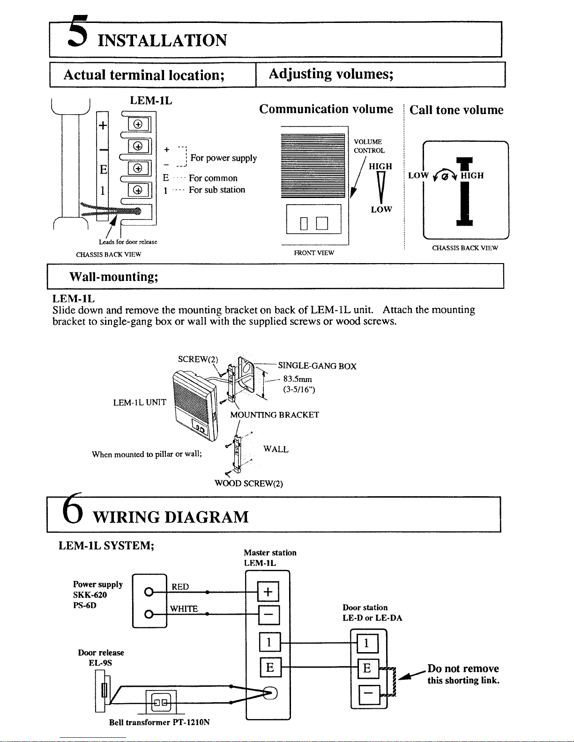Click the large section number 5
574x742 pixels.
(79, 32)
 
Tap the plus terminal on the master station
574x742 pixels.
(268, 592)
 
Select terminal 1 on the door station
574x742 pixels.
(366, 644)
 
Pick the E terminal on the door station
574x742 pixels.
(367, 669)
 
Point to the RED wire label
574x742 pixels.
(180, 587)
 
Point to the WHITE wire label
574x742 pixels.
(184, 609)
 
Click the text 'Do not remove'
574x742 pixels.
(463, 669)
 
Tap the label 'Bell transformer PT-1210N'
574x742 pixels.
(159, 722)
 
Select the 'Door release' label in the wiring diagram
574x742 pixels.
(101, 653)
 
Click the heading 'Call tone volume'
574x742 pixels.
(456, 110)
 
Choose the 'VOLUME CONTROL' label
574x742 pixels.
(369, 146)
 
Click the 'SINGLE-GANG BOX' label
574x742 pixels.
(317, 366)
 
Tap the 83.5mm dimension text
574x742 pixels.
(298, 379)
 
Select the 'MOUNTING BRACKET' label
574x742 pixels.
(274, 415)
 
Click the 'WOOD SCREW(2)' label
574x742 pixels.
(248, 484)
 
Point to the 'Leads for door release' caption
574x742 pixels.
(128, 242)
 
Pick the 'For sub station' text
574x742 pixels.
(216, 190)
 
